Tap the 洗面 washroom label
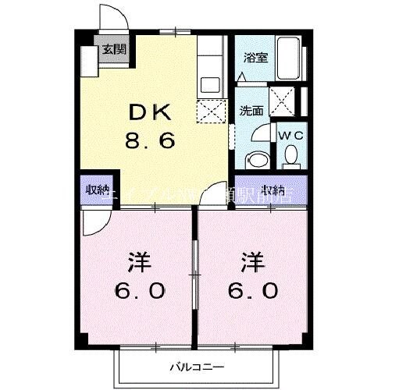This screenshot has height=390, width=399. (250, 111)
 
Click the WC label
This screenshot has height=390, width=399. (291, 133)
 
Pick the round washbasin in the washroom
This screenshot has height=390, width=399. (255, 161)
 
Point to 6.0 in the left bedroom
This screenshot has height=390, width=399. (141, 291)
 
